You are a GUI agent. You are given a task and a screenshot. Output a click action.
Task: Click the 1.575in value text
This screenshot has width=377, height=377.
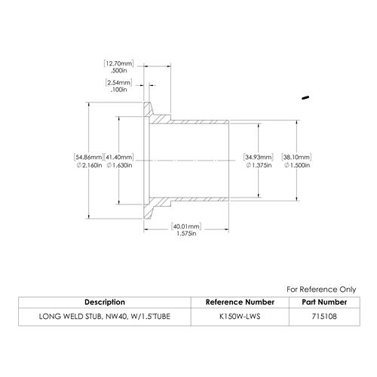(186, 234)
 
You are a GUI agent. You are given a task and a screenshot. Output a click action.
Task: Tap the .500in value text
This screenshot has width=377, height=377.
(118, 70)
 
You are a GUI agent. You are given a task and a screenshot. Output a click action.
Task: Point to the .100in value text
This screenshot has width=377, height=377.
(118, 90)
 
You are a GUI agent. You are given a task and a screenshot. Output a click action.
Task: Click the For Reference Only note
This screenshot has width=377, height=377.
(321, 290)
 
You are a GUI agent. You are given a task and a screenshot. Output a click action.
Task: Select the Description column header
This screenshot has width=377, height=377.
(105, 302)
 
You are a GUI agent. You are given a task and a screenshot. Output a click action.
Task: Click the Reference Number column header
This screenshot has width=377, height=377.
(240, 302)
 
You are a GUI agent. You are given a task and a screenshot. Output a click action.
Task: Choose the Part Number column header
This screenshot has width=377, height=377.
(324, 302)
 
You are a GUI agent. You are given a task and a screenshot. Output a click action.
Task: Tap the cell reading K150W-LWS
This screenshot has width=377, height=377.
(240, 317)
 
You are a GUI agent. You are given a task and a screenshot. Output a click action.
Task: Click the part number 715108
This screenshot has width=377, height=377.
(324, 317)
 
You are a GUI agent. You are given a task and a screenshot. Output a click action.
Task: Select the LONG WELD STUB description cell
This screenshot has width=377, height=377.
(105, 317)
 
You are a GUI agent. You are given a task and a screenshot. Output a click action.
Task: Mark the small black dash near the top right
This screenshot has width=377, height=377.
(305, 97)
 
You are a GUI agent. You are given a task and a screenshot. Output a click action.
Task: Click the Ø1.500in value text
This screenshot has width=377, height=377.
(297, 165)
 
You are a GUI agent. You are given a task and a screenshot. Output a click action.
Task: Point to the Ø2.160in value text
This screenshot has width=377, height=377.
(89, 165)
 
